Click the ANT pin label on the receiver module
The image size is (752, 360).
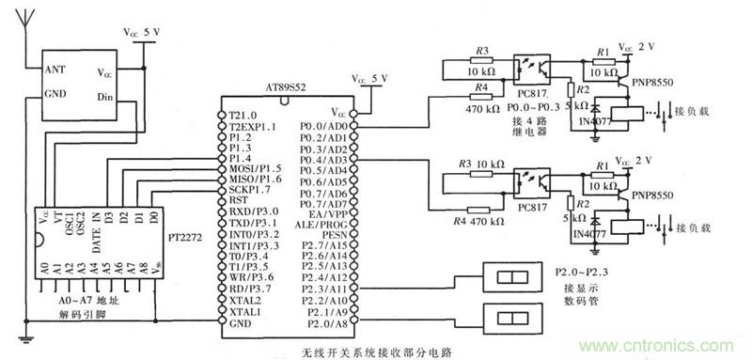pos(55,70)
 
